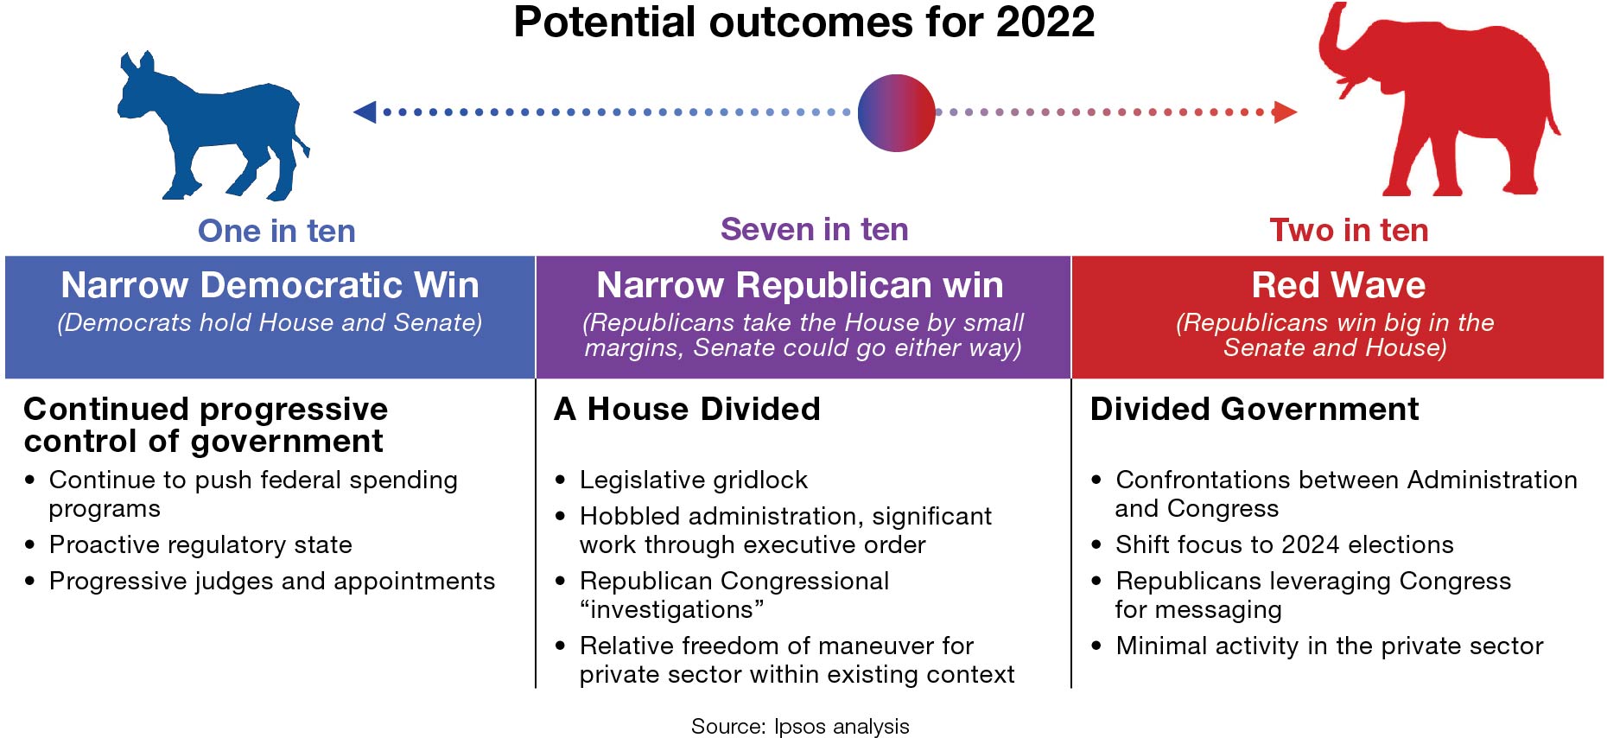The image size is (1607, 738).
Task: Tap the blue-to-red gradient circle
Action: point(896,113)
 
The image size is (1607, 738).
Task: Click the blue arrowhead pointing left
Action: point(365,111)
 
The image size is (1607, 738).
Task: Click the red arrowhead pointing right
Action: point(1285,111)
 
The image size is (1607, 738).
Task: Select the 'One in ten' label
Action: point(276,231)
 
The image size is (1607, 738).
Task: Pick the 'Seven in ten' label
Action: point(814,229)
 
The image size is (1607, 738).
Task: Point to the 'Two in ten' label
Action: point(1349,230)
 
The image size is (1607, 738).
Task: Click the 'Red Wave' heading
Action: point(1337,285)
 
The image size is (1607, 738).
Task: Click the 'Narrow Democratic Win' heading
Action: point(270,285)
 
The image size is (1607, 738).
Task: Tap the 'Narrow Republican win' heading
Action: point(800,285)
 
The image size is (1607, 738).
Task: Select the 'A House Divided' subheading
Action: point(687,409)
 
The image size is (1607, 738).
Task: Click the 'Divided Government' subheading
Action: point(1254,409)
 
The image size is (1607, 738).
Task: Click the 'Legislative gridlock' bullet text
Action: point(693,480)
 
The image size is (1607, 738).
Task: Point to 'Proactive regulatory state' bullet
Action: point(200,544)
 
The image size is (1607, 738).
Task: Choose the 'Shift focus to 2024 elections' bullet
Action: point(1284,544)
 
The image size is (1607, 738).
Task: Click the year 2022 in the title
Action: point(1045,22)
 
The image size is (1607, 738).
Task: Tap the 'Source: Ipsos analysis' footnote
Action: point(800,726)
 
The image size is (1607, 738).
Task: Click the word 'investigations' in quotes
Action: point(671,609)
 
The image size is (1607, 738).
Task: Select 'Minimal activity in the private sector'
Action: point(1329,646)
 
